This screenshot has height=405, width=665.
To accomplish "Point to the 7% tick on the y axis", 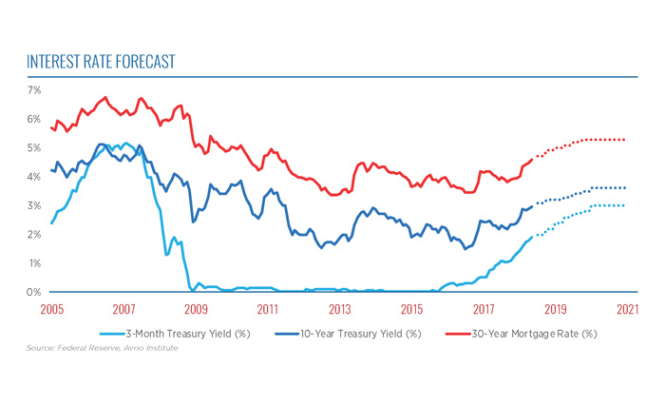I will point(33,90).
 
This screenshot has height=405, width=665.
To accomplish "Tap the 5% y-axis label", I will point(33,148).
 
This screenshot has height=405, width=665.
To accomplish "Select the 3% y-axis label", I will point(33,205).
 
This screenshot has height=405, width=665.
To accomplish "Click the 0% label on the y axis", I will point(33,292).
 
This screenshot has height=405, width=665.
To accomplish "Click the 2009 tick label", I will point(195,309).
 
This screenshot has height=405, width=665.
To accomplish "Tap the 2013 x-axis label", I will point(339,309).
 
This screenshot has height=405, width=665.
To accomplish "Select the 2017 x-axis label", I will point(484,309).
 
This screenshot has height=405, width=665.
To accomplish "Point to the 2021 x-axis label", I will point(627,309).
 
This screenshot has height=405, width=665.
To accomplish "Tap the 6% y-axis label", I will point(33,119).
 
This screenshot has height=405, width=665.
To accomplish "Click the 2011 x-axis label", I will point(268,309).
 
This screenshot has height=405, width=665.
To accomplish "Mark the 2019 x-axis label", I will point(556,309).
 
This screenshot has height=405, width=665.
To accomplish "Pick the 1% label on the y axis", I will point(33,263).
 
